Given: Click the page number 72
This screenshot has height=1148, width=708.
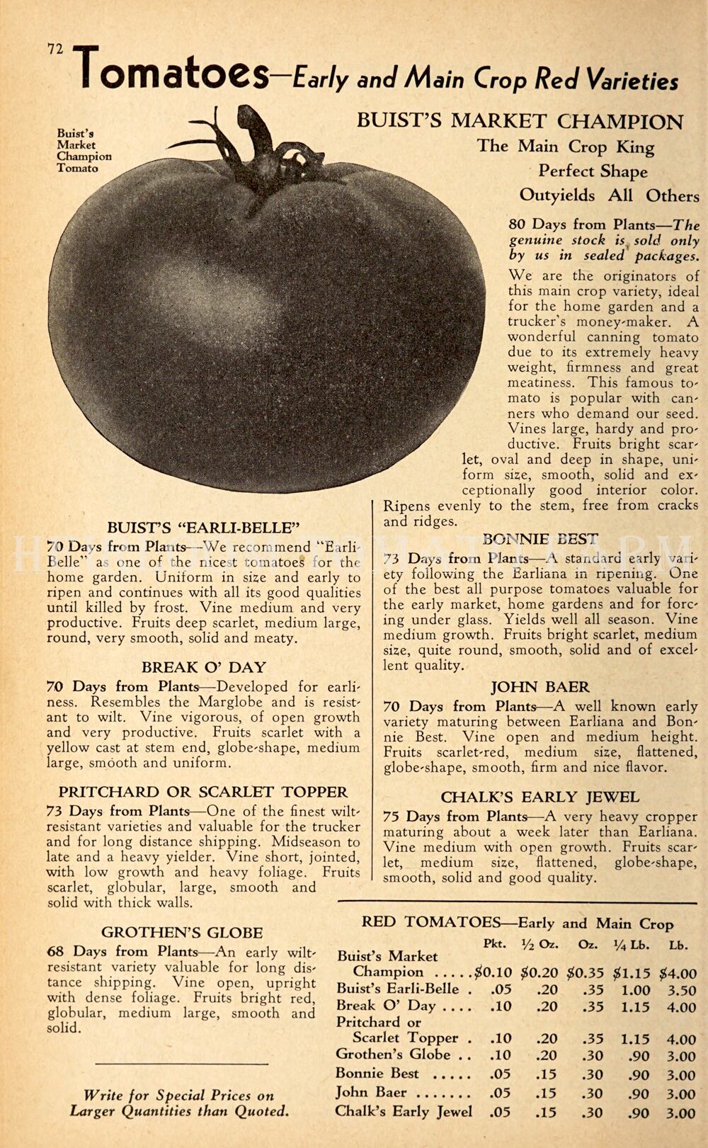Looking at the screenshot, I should (55, 49).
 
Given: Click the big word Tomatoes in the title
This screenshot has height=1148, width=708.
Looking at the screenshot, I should (174, 72).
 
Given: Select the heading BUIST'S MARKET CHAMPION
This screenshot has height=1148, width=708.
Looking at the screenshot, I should (520, 121).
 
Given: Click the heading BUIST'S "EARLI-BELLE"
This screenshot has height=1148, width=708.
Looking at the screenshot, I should (203, 528).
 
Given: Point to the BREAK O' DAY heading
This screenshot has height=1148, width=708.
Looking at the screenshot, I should (203, 667).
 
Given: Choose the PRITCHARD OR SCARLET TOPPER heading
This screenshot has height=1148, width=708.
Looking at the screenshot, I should (203, 792).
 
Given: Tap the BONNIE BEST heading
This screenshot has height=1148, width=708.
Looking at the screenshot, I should (540, 539).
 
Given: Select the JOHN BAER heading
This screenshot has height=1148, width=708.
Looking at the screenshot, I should (540, 687).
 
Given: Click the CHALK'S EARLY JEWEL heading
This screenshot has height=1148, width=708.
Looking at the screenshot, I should (539, 797).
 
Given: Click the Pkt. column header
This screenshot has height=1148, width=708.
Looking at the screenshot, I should (493, 945).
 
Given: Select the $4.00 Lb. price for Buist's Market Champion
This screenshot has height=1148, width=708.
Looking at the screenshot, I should (678, 974).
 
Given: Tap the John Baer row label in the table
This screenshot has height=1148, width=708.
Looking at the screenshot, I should (371, 1092).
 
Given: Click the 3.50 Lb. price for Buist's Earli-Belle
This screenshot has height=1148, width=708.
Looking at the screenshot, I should (681, 991).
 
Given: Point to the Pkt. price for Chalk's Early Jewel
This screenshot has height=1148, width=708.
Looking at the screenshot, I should (500, 1113).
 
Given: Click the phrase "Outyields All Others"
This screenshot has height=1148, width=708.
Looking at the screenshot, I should (609, 195).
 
